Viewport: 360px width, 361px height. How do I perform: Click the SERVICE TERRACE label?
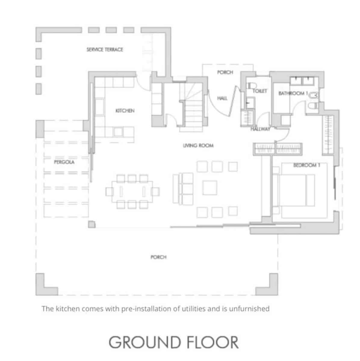(x=105, y=50)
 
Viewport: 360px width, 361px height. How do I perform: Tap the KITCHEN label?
(x=125, y=111)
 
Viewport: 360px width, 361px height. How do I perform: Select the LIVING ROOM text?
(x=198, y=146)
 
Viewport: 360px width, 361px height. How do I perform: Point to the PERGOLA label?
(x=64, y=162)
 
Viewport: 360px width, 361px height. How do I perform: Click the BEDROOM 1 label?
(x=306, y=165)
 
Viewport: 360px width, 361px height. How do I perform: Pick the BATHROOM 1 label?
(x=293, y=93)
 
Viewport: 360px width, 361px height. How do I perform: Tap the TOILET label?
(x=260, y=91)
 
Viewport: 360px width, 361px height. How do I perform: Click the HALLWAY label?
(x=260, y=129)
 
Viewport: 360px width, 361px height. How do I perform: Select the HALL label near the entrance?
(x=222, y=98)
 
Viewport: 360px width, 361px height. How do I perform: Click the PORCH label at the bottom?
(x=159, y=257)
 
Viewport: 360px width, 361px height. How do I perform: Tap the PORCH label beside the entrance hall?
(x=225, y=72)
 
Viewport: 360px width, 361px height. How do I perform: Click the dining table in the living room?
(x=132, y=192)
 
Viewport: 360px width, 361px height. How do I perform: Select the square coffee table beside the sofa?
(x=209, y=188)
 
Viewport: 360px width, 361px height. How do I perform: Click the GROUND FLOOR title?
(x=173, y=342)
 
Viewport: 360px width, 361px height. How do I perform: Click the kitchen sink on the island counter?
(x=118, y=132)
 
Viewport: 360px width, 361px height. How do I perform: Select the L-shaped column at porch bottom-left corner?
(x=47, y=284)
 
